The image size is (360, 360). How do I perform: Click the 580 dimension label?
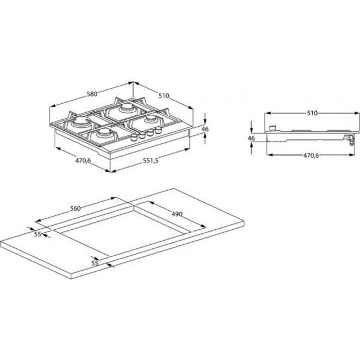[x=84, y=94]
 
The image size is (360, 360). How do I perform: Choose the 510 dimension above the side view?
[x=312, y=113]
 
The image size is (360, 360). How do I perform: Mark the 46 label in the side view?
[x=251, y=138]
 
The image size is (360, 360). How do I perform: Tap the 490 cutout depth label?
[x=176, y=214]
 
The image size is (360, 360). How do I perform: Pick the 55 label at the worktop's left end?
[x=37, y=234]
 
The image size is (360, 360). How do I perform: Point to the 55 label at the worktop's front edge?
[x=96, y=263]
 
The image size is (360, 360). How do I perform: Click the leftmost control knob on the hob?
[x=137, y=138]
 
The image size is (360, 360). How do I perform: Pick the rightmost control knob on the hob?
[x=156, y=132]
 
